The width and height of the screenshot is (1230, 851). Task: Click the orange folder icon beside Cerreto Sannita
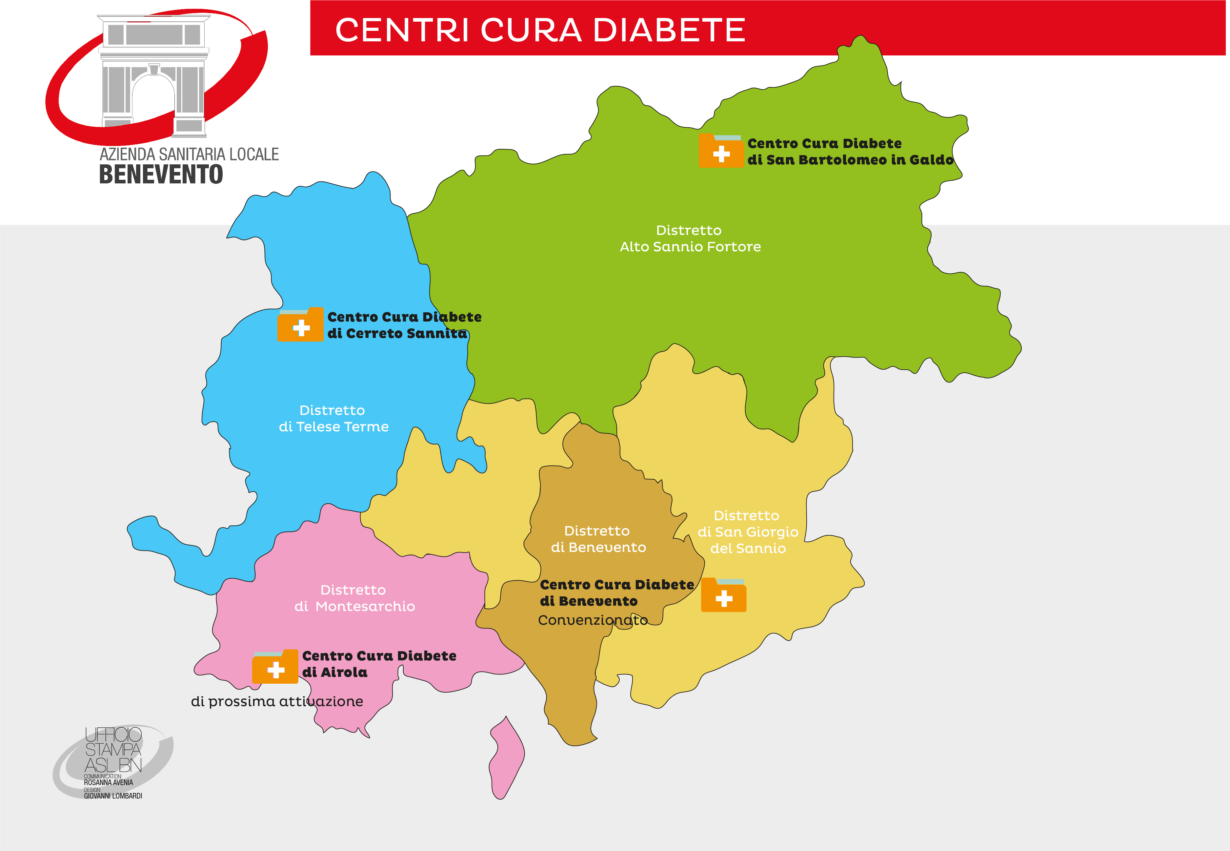tap(301, 325)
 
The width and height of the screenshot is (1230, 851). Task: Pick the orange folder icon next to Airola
tap(275, 668)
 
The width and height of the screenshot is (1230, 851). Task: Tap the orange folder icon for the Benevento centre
tap(723, 595)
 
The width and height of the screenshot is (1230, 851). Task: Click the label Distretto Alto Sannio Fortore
tap(690, 239)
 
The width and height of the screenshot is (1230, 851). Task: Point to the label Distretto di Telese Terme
tap(333, 419)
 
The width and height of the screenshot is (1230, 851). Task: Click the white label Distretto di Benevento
tap(597, 539)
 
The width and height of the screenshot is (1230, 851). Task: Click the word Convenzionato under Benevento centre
tap(593, 620)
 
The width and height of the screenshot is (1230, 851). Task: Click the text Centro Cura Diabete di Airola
tap(378, 664)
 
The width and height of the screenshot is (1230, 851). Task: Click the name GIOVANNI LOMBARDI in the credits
tap(113, 796)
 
